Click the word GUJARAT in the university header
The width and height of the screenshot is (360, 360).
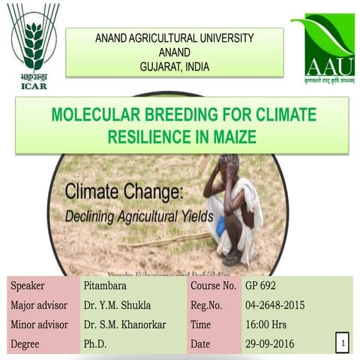(160, 67)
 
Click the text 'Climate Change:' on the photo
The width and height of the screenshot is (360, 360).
(124, 192)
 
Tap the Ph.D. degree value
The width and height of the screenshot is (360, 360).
(97, 344)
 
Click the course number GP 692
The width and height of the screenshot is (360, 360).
(262, 286)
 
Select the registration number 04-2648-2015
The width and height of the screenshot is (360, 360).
(276, 305)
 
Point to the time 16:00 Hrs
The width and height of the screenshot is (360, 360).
(266, 325)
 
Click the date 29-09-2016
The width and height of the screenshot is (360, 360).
(270, 344)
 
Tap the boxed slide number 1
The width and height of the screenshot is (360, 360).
(342, 343)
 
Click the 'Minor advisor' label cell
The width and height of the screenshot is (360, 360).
(39, 325)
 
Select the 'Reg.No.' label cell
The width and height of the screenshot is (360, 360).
(207, 305)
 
